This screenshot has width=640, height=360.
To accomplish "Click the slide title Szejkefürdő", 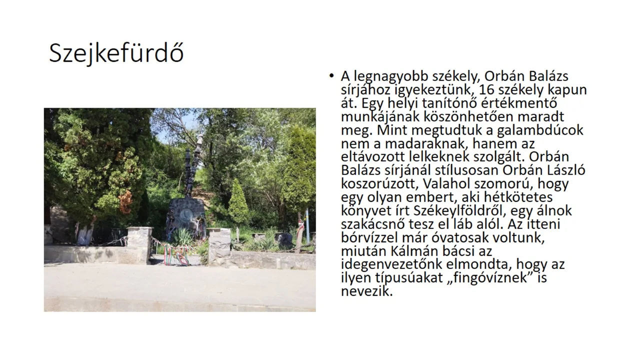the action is (116, 53).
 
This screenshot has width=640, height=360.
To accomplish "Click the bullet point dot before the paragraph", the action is (331, 75).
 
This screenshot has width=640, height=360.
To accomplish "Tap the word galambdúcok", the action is (540, 130).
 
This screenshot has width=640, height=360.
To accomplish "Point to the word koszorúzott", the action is (379, 183).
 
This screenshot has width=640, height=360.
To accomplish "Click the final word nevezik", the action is (367, 291).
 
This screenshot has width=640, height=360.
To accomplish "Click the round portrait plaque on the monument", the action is (186, 214).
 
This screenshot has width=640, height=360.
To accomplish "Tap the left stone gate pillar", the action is (139, 244).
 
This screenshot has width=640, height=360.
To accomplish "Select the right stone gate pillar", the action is (219, 246).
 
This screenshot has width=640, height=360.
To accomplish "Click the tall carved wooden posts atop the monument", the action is (193, 165).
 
